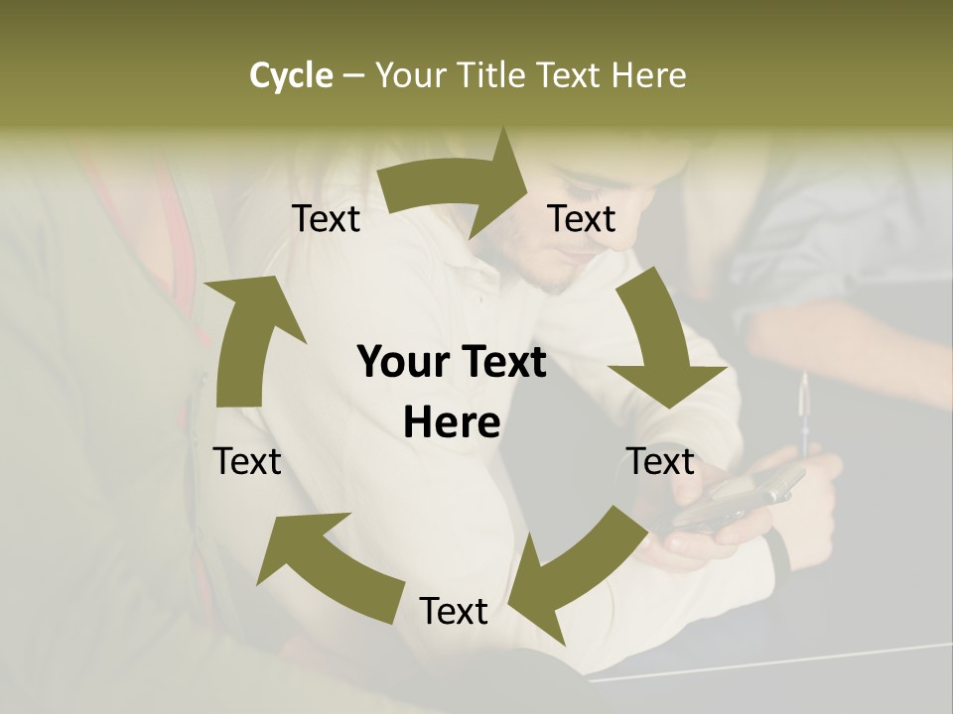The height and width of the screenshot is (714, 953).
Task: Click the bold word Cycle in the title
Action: [x=291, y=75]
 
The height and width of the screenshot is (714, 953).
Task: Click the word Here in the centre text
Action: [x=452, y=422]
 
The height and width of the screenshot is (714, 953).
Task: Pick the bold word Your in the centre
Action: [x=401, y=362]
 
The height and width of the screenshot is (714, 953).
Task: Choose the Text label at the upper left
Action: [x=326, y=218]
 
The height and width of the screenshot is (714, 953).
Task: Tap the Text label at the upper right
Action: [x=582, y=218]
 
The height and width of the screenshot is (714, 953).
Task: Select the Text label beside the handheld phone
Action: [x=660, y=461]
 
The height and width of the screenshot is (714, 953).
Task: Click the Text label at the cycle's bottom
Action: [x=454, y=611]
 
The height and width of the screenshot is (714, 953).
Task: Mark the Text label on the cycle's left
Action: [x=247, y=461]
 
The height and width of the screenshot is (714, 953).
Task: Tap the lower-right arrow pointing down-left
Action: [x=586, y=565]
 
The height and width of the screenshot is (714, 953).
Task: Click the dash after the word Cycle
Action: [x=352, y=76]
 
